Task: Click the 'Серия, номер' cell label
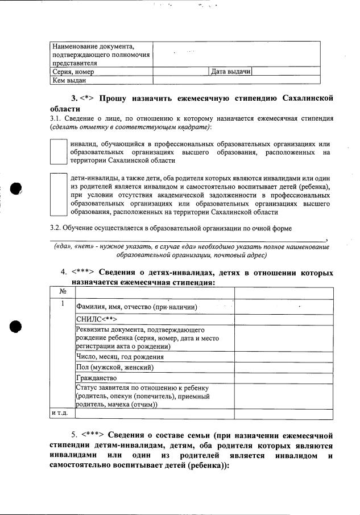coord(73,72)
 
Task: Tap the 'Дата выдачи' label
coord(231,72)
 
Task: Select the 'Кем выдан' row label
coord(65,81)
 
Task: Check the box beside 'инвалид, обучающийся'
coord(58,152)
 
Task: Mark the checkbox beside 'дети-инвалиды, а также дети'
coord(58,195)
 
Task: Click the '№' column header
coord(63,291)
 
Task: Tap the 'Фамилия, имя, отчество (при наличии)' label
coord(136,307)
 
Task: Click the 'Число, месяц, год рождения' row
coord(120,357)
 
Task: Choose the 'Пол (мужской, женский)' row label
coord(114,368)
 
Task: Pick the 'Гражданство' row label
coord(97,378)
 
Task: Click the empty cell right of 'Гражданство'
coord(283,378)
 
